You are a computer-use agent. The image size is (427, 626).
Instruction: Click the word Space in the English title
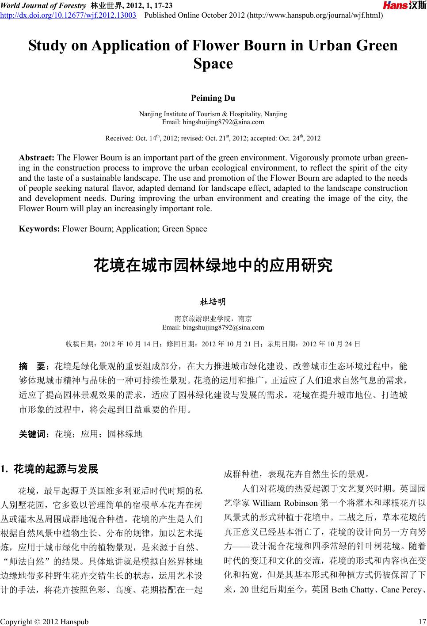pyautogui.click(x=213, y=64)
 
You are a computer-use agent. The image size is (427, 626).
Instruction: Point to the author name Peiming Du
pyautogui.click(x=213, y=98)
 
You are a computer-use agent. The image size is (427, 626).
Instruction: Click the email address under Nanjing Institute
pyautogui.click(x=213, y=121)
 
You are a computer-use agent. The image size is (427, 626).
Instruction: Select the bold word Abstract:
pyautogui.click(x=37, y=158)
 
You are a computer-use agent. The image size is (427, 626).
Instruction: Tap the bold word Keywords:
pyautogui.click(x=39, y=228)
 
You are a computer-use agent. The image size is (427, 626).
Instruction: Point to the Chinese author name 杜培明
pyautogui.click(x=213, y=302)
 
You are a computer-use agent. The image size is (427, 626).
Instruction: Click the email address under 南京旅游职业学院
pyautogui.click(x=213, y=327)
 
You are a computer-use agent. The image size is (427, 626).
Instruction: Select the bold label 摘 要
pyautogui.click(x=34, y=366)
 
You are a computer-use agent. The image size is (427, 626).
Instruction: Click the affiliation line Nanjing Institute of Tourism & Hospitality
pyautogui.click(x=213, y=114)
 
